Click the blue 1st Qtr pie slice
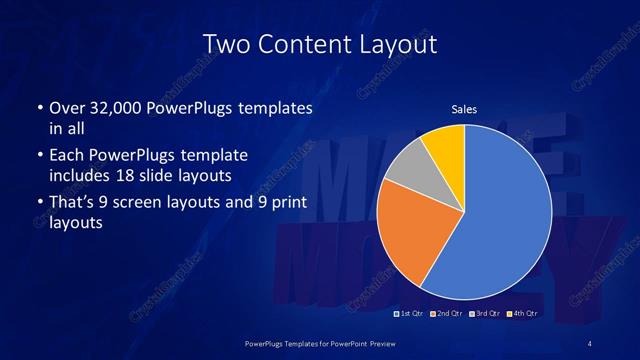click(505, 215)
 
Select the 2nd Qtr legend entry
click(447, 315)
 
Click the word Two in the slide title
click(225, 45)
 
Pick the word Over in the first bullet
click(67, 107)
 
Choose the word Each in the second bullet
click(66, 157)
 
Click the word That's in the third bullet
click(72, 203)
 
